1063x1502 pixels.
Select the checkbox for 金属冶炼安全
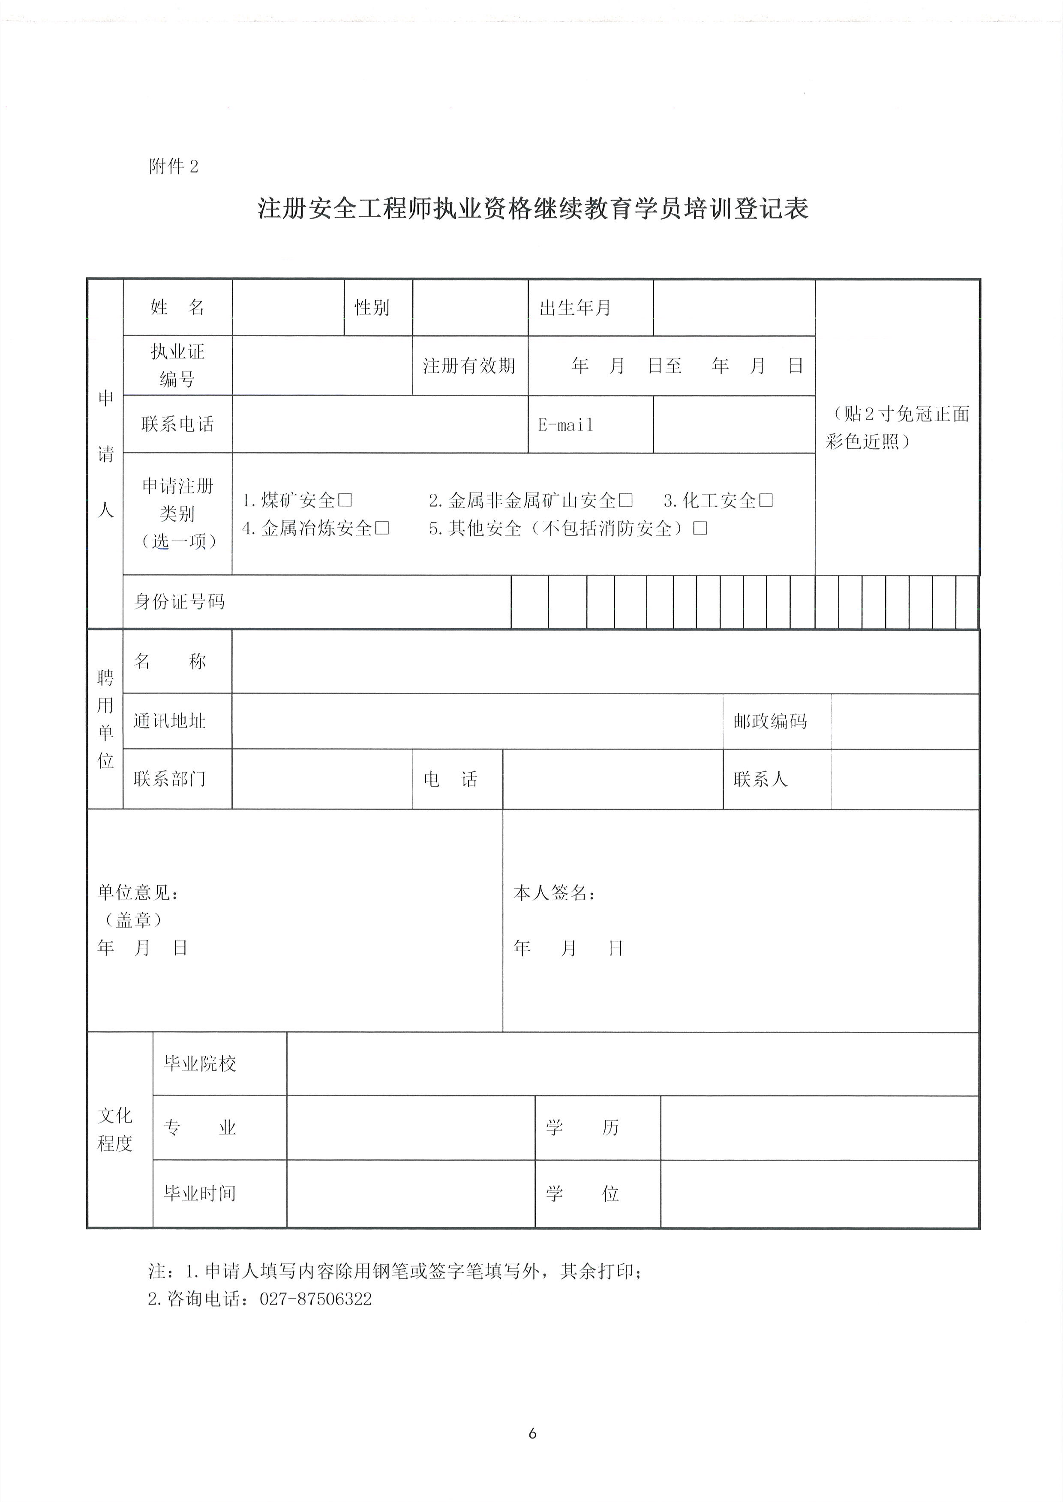(383, 528)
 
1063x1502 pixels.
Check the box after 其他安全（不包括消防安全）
(700, 528)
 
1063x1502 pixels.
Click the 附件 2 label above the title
(174, 167)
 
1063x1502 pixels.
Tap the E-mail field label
(565, 425)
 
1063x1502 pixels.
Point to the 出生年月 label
(575, 308)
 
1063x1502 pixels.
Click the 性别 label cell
(372, 308)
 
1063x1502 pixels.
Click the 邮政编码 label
(770, 721)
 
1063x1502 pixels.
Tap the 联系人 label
(760, 779)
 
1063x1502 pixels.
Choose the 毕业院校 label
(200, 1064)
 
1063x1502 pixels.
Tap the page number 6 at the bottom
(532, 1433)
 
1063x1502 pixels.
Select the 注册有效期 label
(468, 366)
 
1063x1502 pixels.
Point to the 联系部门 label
(170, 779)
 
